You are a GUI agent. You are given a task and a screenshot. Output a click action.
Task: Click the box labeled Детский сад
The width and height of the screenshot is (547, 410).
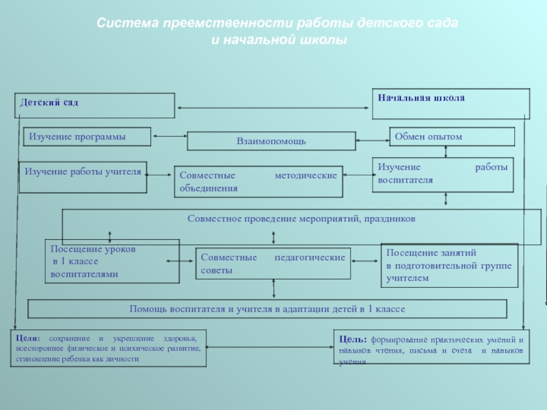pos(93,105)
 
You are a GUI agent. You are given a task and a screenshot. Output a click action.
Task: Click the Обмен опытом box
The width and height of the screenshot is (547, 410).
pos(451,137)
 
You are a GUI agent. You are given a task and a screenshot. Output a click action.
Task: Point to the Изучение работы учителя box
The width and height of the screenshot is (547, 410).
pos(83,175)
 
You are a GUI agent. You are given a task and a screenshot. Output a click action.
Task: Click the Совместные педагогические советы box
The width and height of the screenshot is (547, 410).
pos(272,264)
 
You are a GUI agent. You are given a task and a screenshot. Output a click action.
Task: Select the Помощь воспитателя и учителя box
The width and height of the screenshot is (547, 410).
pos(267,309)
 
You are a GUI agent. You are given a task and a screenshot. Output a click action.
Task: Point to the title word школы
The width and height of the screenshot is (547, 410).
pos(324,40)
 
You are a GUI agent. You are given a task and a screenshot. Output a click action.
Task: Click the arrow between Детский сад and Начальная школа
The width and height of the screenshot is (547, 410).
pos(274,107)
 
